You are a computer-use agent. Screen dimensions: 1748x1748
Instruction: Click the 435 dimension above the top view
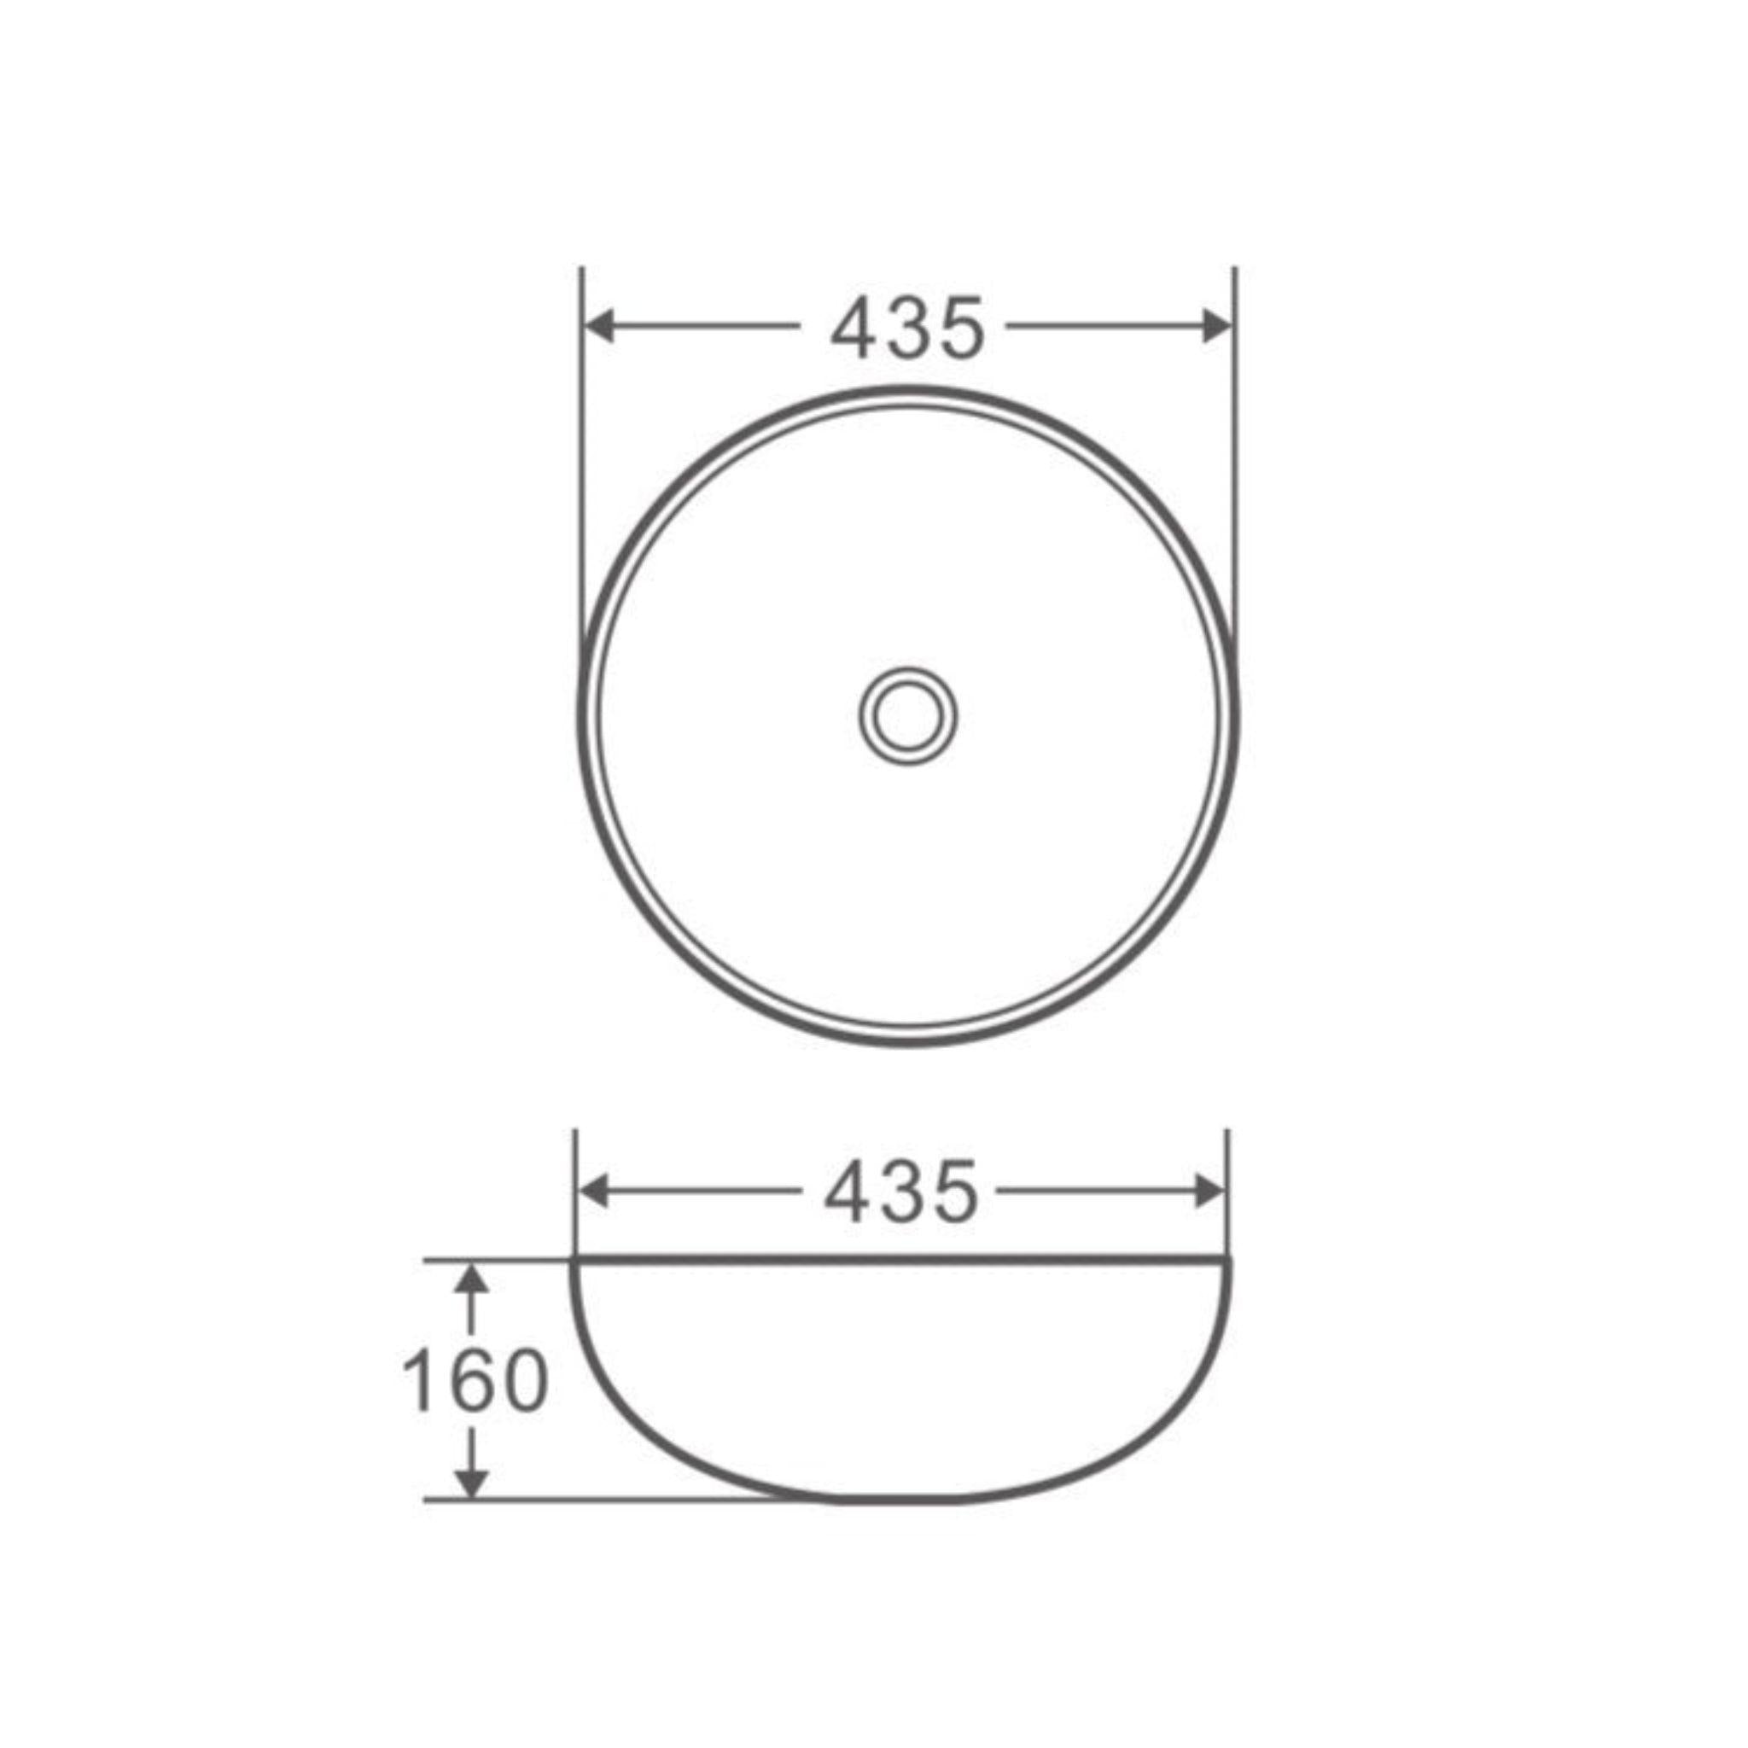(906, 328)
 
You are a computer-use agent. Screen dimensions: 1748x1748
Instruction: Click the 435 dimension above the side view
(901, 1192)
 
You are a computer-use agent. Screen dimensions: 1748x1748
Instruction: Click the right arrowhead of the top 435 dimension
(1216, 327)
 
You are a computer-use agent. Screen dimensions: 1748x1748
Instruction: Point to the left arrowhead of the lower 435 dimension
(593, 1192)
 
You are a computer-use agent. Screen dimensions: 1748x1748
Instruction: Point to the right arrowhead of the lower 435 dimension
(1210, 1192)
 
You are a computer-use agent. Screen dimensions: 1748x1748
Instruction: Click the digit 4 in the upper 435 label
(854, 328)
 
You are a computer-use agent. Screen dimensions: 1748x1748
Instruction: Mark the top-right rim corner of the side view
(1232, 1261)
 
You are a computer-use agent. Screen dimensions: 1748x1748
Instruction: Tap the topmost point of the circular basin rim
(907, 389)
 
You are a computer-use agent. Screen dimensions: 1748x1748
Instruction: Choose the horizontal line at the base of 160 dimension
(615, 1500)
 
